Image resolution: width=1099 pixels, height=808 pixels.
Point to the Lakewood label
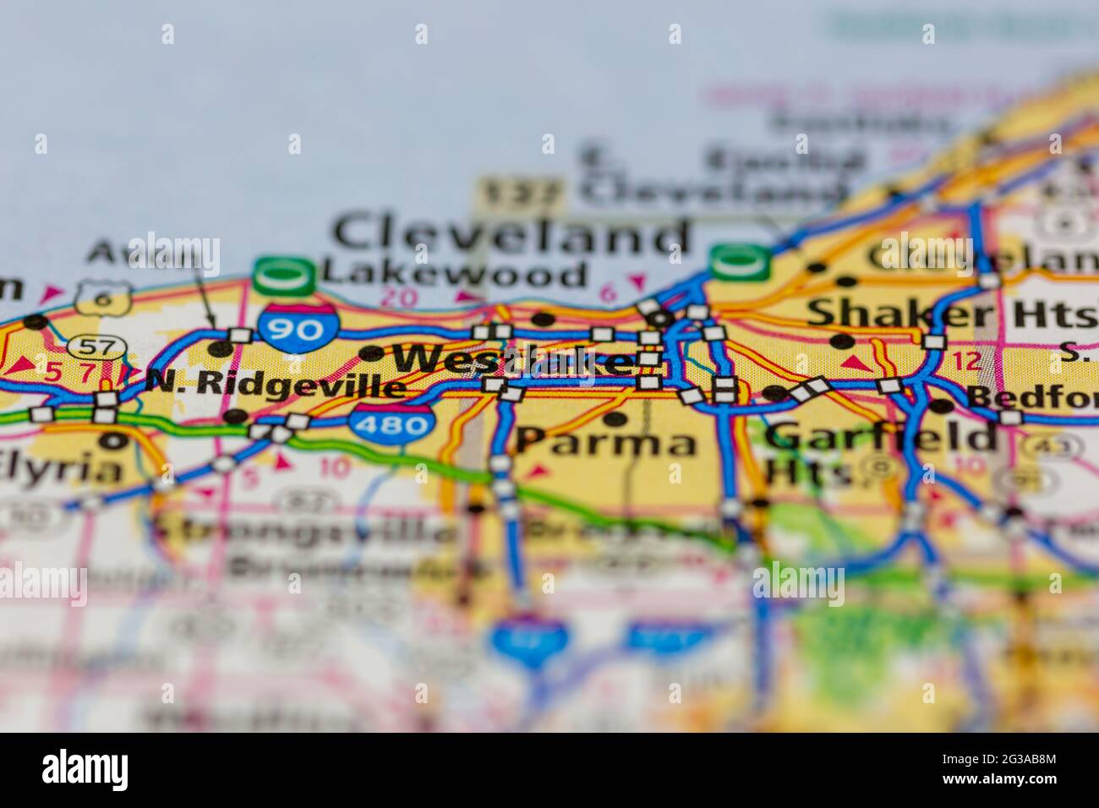pos(455,274)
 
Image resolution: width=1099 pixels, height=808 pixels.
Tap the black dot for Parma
pos(616,418)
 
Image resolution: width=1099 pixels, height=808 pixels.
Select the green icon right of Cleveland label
pos(741,261)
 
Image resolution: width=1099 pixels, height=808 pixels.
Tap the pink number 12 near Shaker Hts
pos(965,362)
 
